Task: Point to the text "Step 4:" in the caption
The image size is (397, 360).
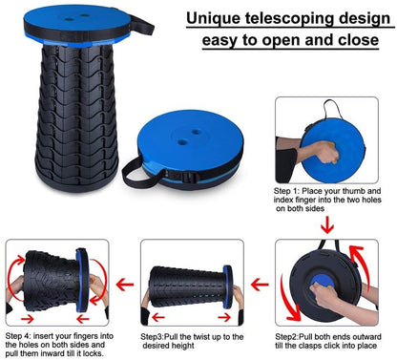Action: pyautogui.click(x=20, y=337)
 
